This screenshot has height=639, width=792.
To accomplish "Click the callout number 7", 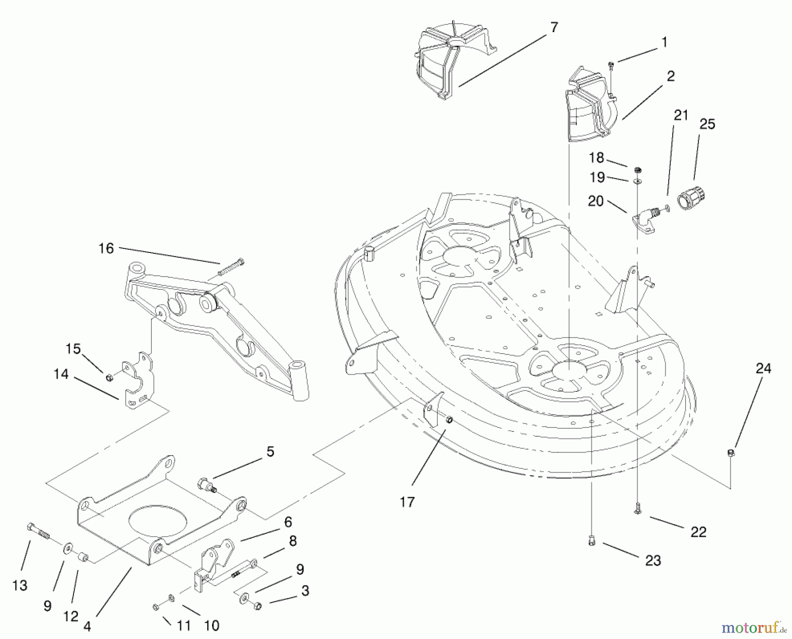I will [x=554, y=27].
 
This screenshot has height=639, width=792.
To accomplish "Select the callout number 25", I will [x=707, y=124].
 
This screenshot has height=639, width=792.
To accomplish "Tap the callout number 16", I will [x=106, y=248].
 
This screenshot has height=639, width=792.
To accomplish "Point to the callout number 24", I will [x=763, y=368].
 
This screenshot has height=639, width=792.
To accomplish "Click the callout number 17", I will [x=407, y=502].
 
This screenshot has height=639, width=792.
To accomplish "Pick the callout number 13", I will [x=20, y=585].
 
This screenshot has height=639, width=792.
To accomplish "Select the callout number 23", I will [x=653, y=561].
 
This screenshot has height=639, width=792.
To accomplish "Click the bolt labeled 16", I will [x=229, y=267].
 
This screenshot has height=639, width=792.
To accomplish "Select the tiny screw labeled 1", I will [x=611, y=66].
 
